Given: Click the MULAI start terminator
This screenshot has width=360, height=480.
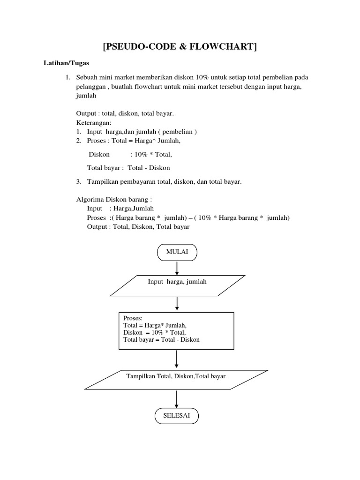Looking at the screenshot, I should pyautogui.click(x=177, y=252).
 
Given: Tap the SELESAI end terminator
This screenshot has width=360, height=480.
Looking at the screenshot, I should pyautogui.click(x=176, y=416).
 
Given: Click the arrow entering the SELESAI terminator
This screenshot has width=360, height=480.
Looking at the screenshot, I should pyautogui.click(x=176, y=398).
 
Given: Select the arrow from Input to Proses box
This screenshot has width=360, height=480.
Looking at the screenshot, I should pyautogui.click(x=177, y=303).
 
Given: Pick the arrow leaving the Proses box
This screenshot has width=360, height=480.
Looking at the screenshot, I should pyautogui.click(x=176, y=359).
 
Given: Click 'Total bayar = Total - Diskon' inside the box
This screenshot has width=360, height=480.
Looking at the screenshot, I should pyautogui.click(x=161, y=339).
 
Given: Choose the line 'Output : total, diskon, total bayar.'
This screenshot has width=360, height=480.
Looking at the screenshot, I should pyautogui.click(x=125, y=113).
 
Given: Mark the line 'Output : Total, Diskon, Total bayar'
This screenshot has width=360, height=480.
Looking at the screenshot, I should pyautogui.click(x=138, y=226).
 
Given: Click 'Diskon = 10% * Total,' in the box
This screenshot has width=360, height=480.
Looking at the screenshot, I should pyautogui.click(x=151, y=332).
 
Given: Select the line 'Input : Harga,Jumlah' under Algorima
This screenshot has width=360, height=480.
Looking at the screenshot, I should pyautogui.click(x=120, y=209).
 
